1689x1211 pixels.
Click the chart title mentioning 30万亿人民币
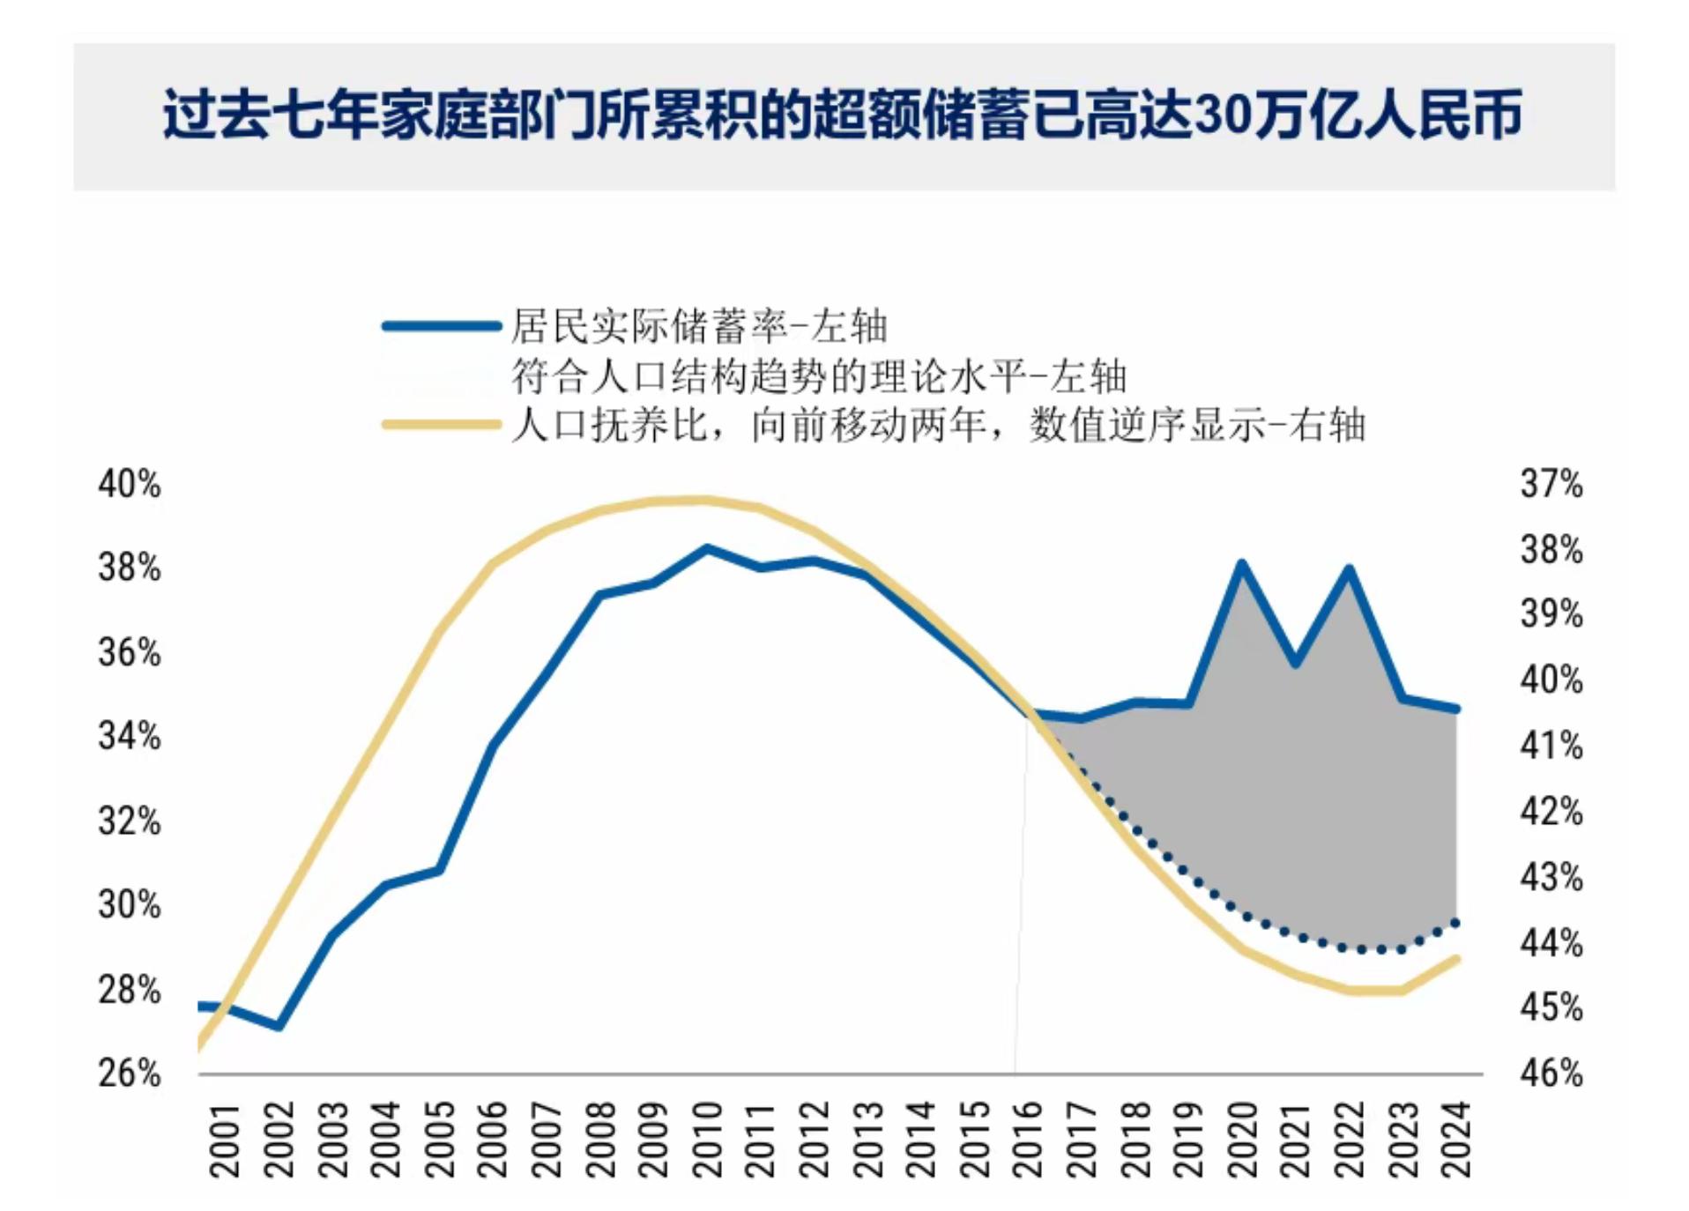(842, 115)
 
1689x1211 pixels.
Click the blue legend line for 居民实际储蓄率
(441, 326)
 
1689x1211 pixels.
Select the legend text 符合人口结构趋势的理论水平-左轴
(819, 376)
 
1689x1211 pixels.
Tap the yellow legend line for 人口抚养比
(441, 426)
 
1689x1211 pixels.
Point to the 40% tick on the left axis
(130, 485)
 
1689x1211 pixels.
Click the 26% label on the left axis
(130, 1074)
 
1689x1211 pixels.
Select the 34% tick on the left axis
(130, 736)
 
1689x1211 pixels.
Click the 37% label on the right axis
(1551, 485)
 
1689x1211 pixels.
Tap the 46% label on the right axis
(1551, 1074)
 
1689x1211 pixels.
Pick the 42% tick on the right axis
(1551, 812)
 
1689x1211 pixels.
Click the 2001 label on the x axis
(225, 1139)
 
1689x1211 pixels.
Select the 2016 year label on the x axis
(1028, 1139)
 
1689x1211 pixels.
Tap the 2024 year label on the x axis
(1456, 1139)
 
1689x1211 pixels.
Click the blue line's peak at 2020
(1241, 563)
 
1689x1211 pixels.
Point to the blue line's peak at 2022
(1349, 569)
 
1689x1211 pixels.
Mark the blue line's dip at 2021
(1295, 663)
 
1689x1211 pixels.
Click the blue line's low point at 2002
(279, 1027)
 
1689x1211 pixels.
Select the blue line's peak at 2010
(706, 548)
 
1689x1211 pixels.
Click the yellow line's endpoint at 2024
(1456, 959)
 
